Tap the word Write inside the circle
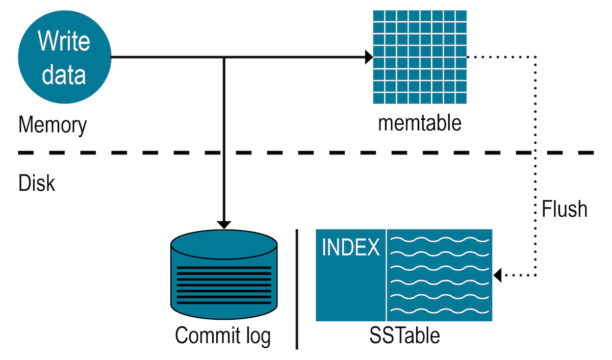pos(64,40)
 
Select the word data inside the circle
pos(64,74)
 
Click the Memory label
pos(53,124)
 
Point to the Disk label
pos(37,183)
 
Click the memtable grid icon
pos(419,57)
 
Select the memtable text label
pos(419,123)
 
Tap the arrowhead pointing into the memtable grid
pos(368,57)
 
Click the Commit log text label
pos(223,336)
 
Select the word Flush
pos(565,209)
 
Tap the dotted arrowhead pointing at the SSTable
pos(498,275)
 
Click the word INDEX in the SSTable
pos(351,248)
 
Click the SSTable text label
pos(404,336)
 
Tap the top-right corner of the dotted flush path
pos(535,57)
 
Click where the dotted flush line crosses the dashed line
pos(535,152)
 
